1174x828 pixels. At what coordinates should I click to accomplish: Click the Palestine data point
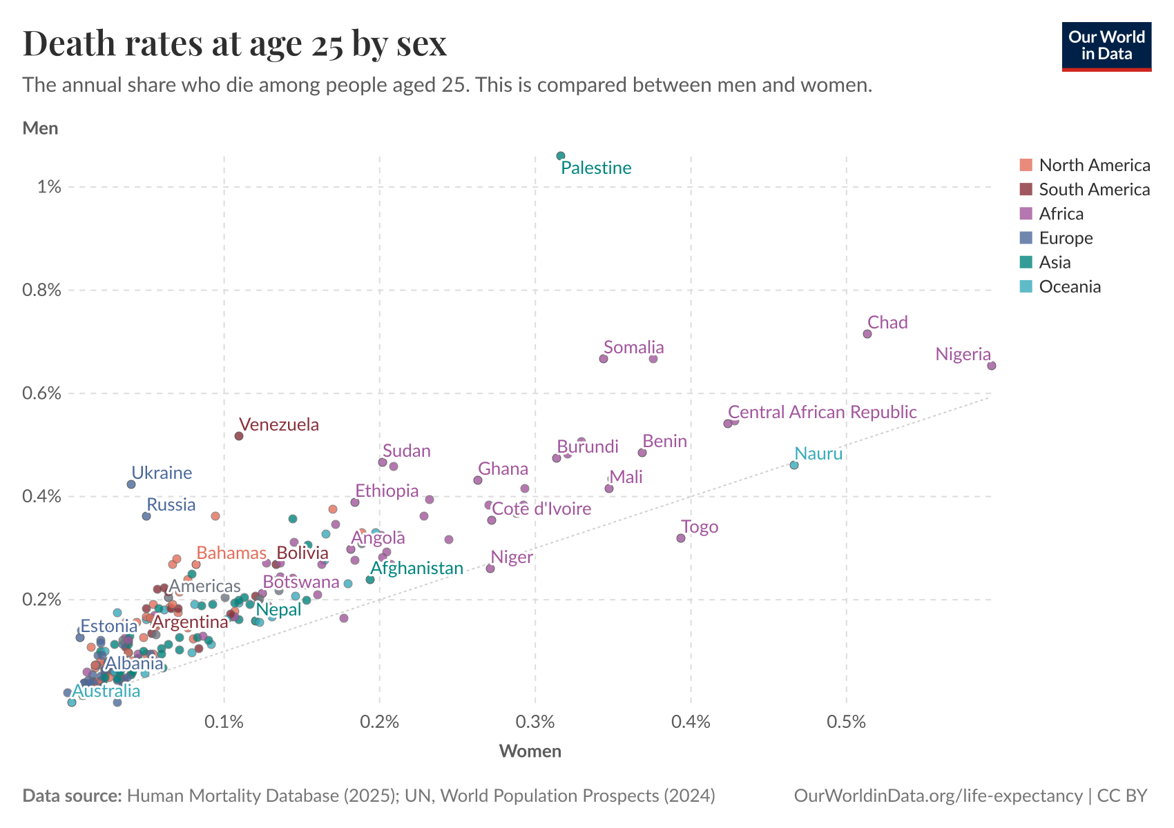tap(561, 156)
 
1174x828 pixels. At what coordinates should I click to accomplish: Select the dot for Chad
tap(867, 334)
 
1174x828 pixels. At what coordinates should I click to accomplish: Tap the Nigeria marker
tap(992, 366)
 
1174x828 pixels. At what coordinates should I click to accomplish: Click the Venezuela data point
tap(239, 436)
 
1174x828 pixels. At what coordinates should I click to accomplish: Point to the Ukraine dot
tap(131, 484)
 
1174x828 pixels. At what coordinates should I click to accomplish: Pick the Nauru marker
tap(794, 465)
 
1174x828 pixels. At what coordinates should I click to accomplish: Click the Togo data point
tap(681, 538)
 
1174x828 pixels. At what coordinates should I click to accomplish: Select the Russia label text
tap(171, 504)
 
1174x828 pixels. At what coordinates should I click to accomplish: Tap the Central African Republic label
tap(822, 412)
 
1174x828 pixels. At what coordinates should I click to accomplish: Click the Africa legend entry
tap(1061, 214)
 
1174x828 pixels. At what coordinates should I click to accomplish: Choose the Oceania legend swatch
tap(1026, 286)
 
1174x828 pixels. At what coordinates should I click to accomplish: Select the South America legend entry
tap(1094, 190)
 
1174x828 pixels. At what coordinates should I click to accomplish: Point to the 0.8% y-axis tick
tap(42, 290)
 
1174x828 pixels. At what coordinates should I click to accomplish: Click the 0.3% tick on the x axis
tap(535, 722)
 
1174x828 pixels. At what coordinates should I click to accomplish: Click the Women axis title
tap(530, 751)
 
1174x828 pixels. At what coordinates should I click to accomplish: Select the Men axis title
tap(41, 128)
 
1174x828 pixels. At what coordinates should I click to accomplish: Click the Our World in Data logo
tap(1106, 46)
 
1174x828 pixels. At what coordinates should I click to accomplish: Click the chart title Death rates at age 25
tap(235, 44)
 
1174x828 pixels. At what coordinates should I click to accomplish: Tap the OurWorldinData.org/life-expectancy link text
tap(938, 796)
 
